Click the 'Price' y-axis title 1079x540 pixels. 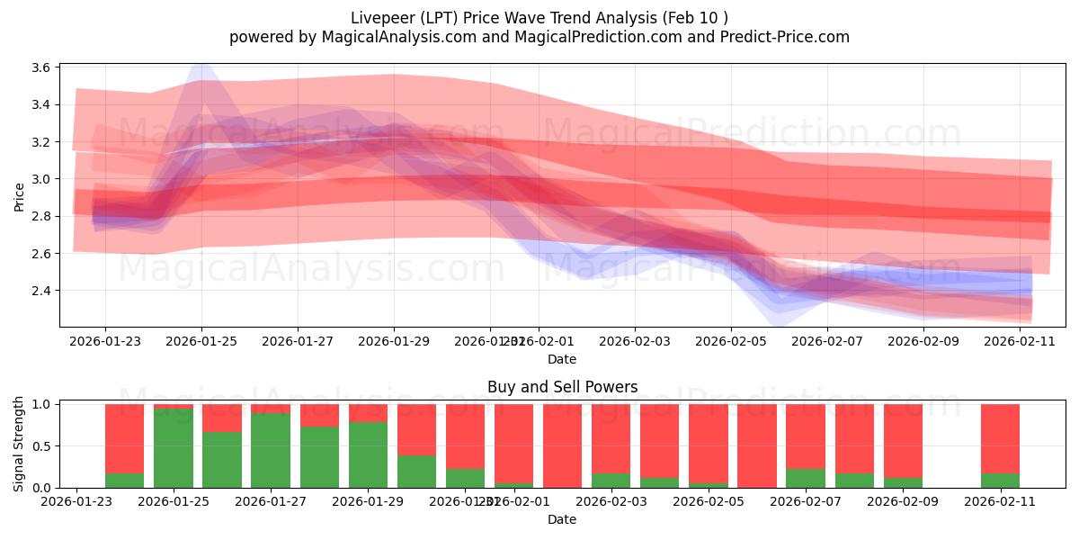(19, 196)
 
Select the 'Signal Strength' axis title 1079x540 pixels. (19, 445)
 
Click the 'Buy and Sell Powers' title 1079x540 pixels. (562, 387)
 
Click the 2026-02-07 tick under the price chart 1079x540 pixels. (827, 341)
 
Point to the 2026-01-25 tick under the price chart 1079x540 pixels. (201, 341)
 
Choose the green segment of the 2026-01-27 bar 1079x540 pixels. (271, 450)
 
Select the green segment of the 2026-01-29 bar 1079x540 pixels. (368, 454)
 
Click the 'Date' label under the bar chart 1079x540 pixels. (562, 519)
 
